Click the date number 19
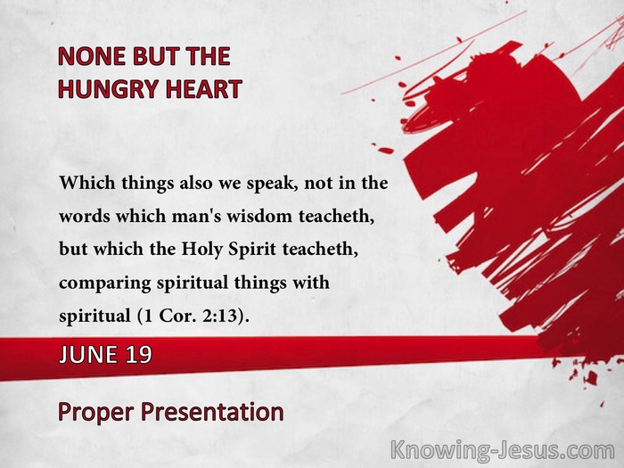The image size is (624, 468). pos(139,354)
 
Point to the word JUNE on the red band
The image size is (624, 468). pos(88,354)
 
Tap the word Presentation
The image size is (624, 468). pos(212,412)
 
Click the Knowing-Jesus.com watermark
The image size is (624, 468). pos(503,451)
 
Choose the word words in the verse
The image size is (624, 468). pos(85,216)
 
